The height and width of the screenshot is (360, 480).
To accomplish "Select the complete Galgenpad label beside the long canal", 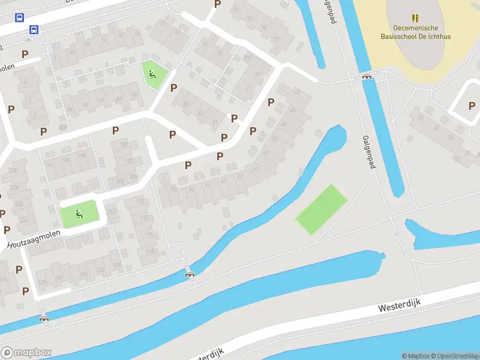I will pos(368,151).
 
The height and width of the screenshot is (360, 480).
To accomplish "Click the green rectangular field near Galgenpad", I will pos(322,209).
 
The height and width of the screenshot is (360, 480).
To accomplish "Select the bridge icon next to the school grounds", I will pos(367,76).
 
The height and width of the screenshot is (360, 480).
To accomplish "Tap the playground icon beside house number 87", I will pos(152,75).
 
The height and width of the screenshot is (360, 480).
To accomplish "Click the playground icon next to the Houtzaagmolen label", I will pos(78,212).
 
